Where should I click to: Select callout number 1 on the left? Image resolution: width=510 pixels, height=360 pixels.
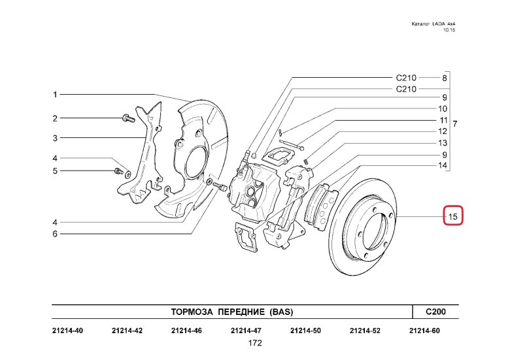tap(56, 95)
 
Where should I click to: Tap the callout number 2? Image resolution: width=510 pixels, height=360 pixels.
tap(56, 118)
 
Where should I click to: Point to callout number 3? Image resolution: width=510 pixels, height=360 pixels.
tap(56, 138)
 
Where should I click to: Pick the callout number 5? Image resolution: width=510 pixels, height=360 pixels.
tap(56, 171)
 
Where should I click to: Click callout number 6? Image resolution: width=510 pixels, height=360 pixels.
tap(56, 234)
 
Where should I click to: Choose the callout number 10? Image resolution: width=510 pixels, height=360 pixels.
tap(443, 109)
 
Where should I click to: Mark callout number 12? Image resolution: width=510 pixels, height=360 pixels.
tap(443, 132)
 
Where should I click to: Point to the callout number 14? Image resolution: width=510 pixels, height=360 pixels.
tap(443, 166)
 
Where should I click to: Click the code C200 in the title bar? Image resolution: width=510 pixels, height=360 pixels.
tap(435, 312)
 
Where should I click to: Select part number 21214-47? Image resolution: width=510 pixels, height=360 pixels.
tap(246, 331)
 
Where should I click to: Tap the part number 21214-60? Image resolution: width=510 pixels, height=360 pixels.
tap(424, 331)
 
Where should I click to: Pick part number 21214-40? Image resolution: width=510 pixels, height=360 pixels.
tap(67, 331)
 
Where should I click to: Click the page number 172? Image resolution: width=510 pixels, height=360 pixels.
tap(255, 343)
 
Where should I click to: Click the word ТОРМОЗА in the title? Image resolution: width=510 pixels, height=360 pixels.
tap(194, 312)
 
